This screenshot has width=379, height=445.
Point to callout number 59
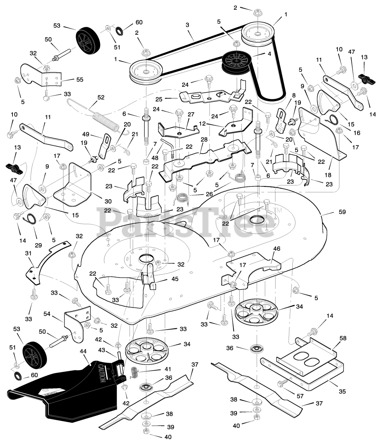[x=342, y=212]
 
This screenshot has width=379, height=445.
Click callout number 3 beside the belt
[x=187, y=25]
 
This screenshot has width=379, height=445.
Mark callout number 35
[x=342, y=391]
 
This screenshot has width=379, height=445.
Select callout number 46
[x=277, y=249]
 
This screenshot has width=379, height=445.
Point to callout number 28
[x=204, y=139]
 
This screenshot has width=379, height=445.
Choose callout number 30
[x=108, y=201]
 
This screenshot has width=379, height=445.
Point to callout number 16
[x=356, y=133]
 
